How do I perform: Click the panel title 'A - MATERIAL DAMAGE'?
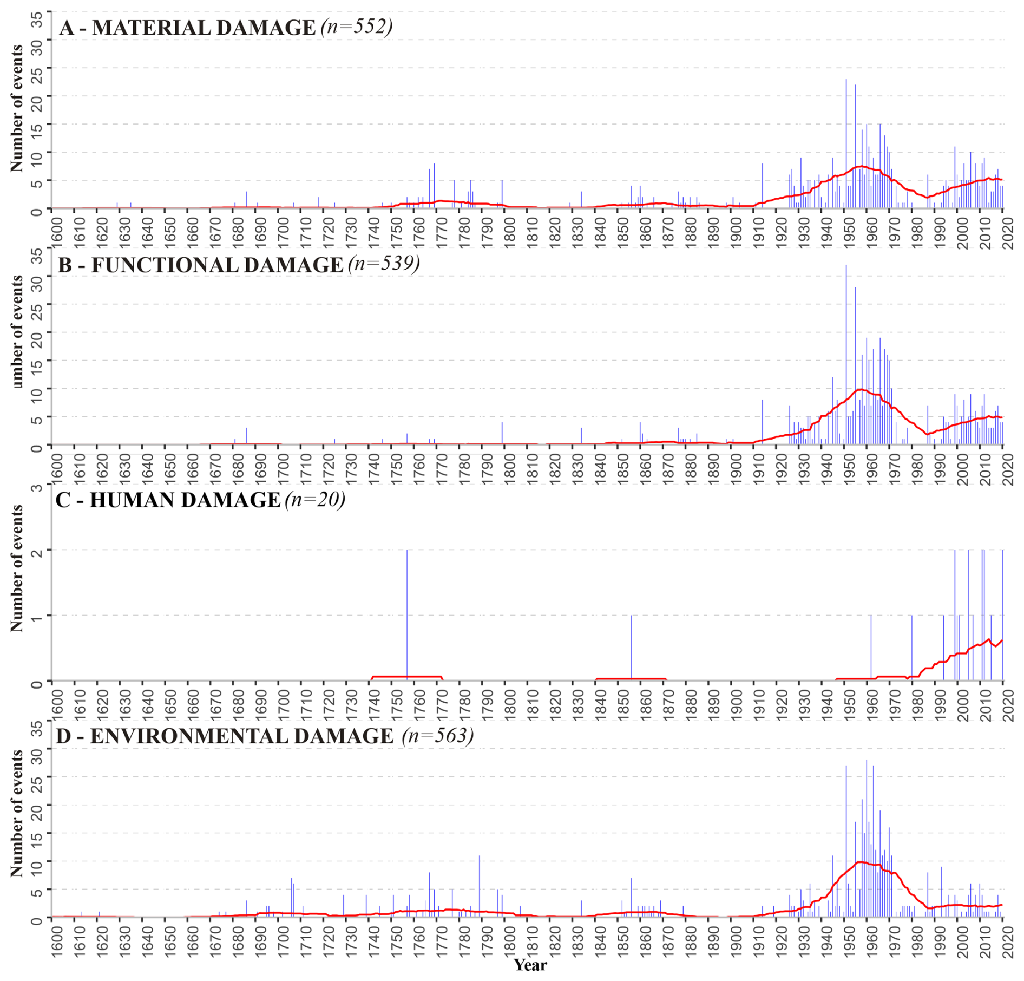click(x=187, y=28)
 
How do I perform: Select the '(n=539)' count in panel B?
click(x=384, y=264)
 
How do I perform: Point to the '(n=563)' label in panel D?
click(x=438, y=735)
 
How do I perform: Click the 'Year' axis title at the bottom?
click(x=530, y=965)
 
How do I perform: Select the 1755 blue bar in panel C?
click(x=407, y=615)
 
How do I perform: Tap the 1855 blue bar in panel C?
click(x=631, y=648)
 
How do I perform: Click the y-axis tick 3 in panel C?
click(x=37, y=487)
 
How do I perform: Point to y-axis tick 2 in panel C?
click(x=37, y=550)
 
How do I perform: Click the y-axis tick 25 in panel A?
click(x=37, y=68)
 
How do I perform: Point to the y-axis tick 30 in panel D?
click(x=37, y=749)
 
